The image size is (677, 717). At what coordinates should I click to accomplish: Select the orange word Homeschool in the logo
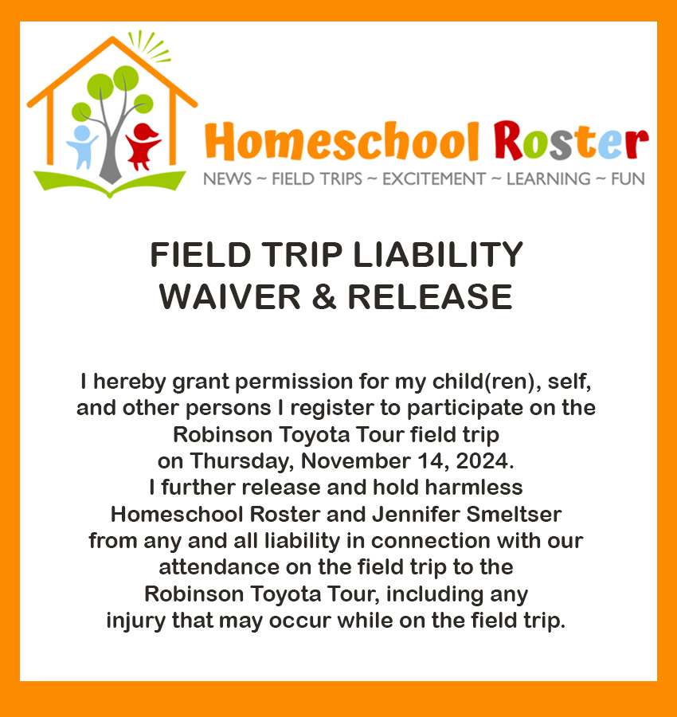click(342, 141)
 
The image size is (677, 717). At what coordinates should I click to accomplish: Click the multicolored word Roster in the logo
click(571, 140)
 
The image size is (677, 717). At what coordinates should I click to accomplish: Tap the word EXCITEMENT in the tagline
click(434, 178)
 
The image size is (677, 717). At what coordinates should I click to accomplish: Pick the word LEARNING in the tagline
click(549, 178)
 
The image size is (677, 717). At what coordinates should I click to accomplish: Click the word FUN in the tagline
click(628, 178)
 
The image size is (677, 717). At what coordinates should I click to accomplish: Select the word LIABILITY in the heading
click(438, 255)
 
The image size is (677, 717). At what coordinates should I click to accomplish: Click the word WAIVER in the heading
click(229, 297)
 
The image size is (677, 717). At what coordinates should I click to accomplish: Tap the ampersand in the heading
click(324, 297)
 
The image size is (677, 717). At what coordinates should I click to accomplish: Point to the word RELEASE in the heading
click(430, 297)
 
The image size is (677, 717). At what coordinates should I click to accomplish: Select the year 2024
click(484, 461)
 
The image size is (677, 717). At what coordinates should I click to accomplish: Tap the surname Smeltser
click(514, 515)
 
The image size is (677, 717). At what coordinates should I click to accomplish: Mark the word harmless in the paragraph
click(474, 488)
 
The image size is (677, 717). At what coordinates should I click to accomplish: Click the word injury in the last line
click(135, 621)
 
